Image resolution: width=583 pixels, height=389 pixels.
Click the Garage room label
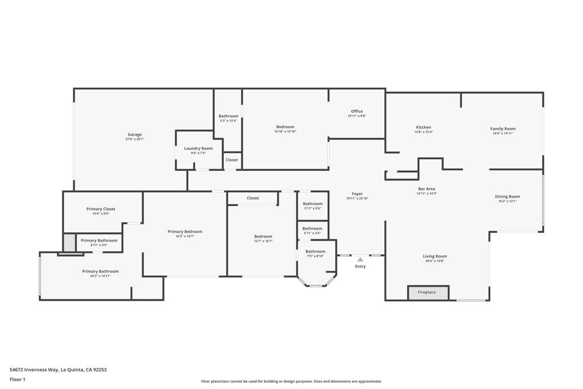click(134, 135)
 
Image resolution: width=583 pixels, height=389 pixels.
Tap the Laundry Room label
click(198, 149)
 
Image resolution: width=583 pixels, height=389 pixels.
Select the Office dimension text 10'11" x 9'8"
click(356, 116)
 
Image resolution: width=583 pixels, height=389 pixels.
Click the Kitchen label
click(423, 128)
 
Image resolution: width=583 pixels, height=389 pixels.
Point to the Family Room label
click(503, 129)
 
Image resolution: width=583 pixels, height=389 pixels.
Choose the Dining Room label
click(507, 196)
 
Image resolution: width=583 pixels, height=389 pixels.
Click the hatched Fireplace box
click(428, 292)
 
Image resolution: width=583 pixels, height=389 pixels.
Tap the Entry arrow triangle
click(360, 260)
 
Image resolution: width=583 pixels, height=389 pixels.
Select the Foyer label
click(357, 194)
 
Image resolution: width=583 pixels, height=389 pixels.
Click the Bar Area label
click(426, 189)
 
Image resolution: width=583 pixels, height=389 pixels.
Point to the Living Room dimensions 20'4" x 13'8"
click(434, 261)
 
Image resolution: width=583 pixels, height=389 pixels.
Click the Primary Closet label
click(101, 209)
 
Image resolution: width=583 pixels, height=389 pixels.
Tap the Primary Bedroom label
click(185, 232)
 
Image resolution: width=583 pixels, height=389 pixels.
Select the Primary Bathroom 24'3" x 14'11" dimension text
click(100, 276)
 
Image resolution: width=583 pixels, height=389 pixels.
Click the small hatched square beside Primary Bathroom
click(69, 243)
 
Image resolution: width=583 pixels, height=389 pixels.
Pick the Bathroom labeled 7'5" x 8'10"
click(315, 251)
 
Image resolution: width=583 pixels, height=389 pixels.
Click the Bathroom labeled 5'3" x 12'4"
click(228, 116)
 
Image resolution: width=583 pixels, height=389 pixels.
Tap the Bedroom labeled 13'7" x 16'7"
click(263, 236)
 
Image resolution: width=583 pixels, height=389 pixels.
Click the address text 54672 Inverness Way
click(34, 370)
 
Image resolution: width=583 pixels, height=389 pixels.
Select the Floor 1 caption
click(18, 379)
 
